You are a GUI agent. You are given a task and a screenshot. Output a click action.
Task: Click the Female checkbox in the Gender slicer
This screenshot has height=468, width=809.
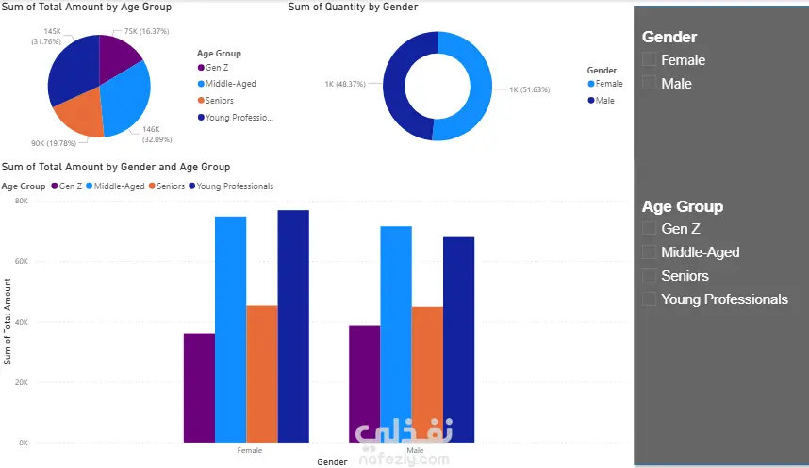click(x=649, y=59)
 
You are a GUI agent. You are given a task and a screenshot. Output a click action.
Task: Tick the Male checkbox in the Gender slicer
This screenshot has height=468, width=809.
click(x=649, y=83)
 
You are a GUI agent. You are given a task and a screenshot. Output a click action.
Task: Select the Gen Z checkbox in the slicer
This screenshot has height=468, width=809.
click(x=649, y=228)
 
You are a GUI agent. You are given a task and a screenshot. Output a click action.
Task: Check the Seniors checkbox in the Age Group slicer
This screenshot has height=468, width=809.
click(x=649, y=276)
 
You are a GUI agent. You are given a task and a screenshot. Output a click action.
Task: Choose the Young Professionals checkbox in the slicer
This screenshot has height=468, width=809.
click(x=649, y=299)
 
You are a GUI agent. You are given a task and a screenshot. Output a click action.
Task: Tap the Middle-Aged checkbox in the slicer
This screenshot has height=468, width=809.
click(x=649, y=252)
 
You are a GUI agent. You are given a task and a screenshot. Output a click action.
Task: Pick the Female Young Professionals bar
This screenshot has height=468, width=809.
click(x=293, y=326)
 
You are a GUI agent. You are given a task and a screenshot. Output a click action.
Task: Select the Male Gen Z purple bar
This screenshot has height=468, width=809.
click(x=364, y=383)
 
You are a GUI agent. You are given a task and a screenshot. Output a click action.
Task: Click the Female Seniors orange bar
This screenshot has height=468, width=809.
click(x=261, y=374)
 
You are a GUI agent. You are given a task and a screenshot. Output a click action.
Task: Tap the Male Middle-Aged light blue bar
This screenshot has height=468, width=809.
click(x=396, y=334)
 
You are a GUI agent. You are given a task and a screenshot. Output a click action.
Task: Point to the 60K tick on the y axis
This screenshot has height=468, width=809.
click(x=22, y=262)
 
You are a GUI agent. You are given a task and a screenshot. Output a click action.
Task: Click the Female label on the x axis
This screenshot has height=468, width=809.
click(x=250, y=450)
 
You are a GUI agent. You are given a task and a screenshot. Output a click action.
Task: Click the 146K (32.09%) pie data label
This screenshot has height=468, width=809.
click(x=157, y=135)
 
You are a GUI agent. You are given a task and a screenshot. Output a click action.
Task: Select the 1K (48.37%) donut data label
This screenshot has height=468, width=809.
click(x=345, y=84)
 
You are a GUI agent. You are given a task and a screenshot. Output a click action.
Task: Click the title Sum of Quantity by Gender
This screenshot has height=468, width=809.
click(x=353, y=7)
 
